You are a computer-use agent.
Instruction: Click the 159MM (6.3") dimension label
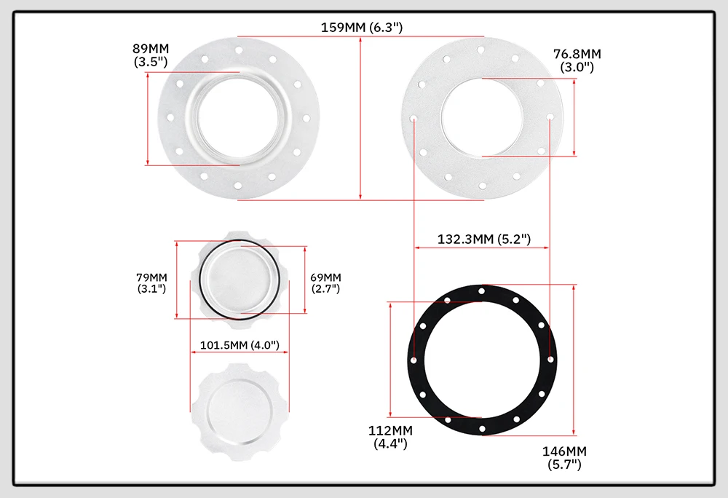[362, 28]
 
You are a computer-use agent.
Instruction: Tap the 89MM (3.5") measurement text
[151, 55]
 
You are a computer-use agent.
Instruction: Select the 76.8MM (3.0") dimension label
[577, 60]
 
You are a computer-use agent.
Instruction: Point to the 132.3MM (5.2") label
[484, 239]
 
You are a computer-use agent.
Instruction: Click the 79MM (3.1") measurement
[152, 282]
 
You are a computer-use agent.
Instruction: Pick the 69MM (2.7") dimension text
[325, 282]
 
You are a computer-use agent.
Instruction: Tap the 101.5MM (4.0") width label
[240, 345]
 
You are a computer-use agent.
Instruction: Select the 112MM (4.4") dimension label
[390, 437]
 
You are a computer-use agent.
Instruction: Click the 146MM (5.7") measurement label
[565, 458]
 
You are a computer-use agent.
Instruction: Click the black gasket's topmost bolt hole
[482, 291]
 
